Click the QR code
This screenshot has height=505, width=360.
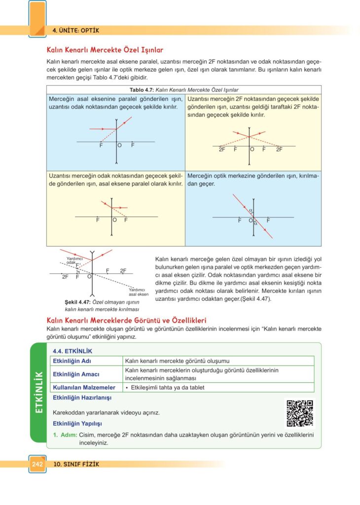point(300,413)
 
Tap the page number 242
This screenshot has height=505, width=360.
point(37,464)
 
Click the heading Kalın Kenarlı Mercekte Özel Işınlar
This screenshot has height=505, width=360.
point(105,50)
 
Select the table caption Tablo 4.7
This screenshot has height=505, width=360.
point(142,90)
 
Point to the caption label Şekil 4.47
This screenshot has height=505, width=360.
point(75,302)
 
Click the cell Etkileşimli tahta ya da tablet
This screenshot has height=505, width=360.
point(165,388)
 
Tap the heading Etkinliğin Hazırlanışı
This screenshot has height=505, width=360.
point(82,397)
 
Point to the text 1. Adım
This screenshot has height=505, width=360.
point(63,435)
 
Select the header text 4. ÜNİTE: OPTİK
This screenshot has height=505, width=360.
point(76,31)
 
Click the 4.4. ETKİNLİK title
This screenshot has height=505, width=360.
point(72,351)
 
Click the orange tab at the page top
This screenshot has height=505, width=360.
point(37,18)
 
